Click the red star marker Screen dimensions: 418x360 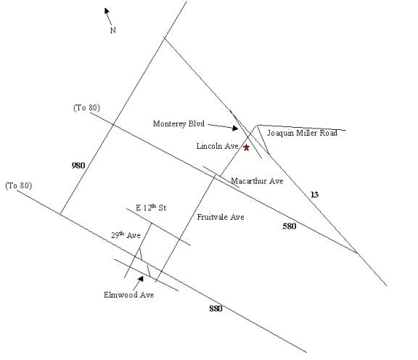[247, 147]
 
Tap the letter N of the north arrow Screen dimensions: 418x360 [113, 30]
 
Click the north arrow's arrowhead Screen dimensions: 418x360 [107, 11]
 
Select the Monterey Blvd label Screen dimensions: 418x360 [179, 123]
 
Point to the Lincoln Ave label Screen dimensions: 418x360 [217, 146]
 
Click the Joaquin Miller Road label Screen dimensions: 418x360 [302, 133]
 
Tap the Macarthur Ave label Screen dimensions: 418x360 [257, 181]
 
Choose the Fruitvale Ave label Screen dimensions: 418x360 [221, 217]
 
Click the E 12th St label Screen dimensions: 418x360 [151, 208]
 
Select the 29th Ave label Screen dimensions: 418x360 [126, 235]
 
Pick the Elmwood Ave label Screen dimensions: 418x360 [128, 295]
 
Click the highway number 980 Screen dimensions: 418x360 [78, 165]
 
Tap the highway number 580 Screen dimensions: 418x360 [290, 226]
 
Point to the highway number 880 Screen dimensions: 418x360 [216, 308]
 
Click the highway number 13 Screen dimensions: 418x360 [314, 195]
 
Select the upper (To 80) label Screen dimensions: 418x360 [86, 107]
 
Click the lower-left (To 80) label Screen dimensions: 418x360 [19, 186]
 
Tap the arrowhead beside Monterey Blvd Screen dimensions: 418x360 [235, 128]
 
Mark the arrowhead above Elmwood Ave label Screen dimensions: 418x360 [141, 279]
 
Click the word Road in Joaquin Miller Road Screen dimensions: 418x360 [329, 133]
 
